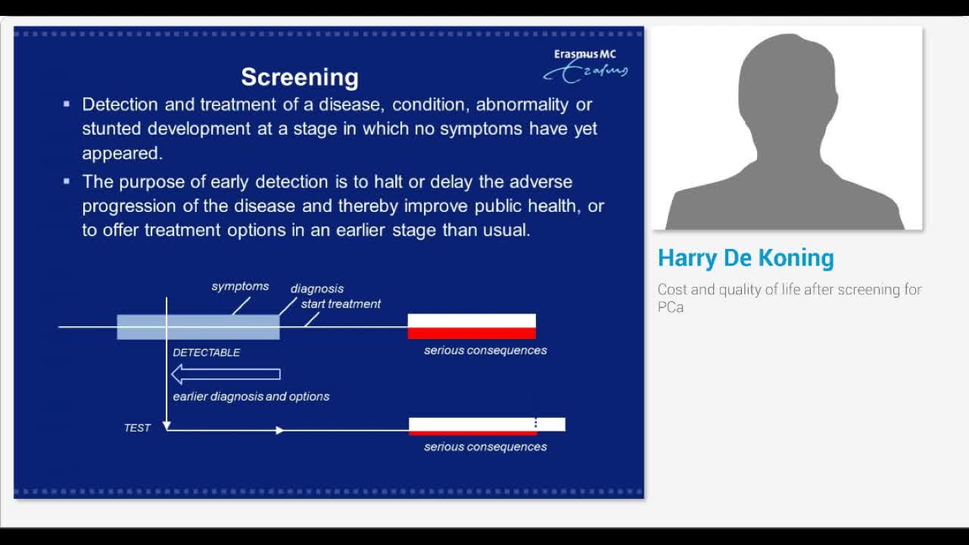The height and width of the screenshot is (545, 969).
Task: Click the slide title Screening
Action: click(300, 77)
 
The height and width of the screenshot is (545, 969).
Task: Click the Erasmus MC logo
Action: click(585, 64)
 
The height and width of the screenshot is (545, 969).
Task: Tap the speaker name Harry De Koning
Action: click(746, 258)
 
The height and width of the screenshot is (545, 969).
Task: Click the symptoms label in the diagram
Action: click(240, 286)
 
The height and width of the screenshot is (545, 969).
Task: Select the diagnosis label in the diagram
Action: click(317, 288)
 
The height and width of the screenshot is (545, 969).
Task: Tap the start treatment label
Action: click(341, 304)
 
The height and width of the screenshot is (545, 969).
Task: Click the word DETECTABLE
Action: click(206, 353)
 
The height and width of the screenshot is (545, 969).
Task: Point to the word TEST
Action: click(137, 428)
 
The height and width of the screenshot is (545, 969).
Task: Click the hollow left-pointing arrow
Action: click(226, 374)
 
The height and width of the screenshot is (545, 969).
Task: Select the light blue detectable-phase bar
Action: click(198, 327)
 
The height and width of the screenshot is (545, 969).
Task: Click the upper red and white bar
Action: click(472, 326)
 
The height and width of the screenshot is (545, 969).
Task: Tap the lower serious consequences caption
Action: click(485, 447)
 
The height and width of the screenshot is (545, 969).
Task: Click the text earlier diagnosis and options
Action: click(251, 397)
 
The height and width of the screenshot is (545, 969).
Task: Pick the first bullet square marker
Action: click(67, 104)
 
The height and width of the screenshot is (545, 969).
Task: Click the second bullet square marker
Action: click(67, 181)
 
